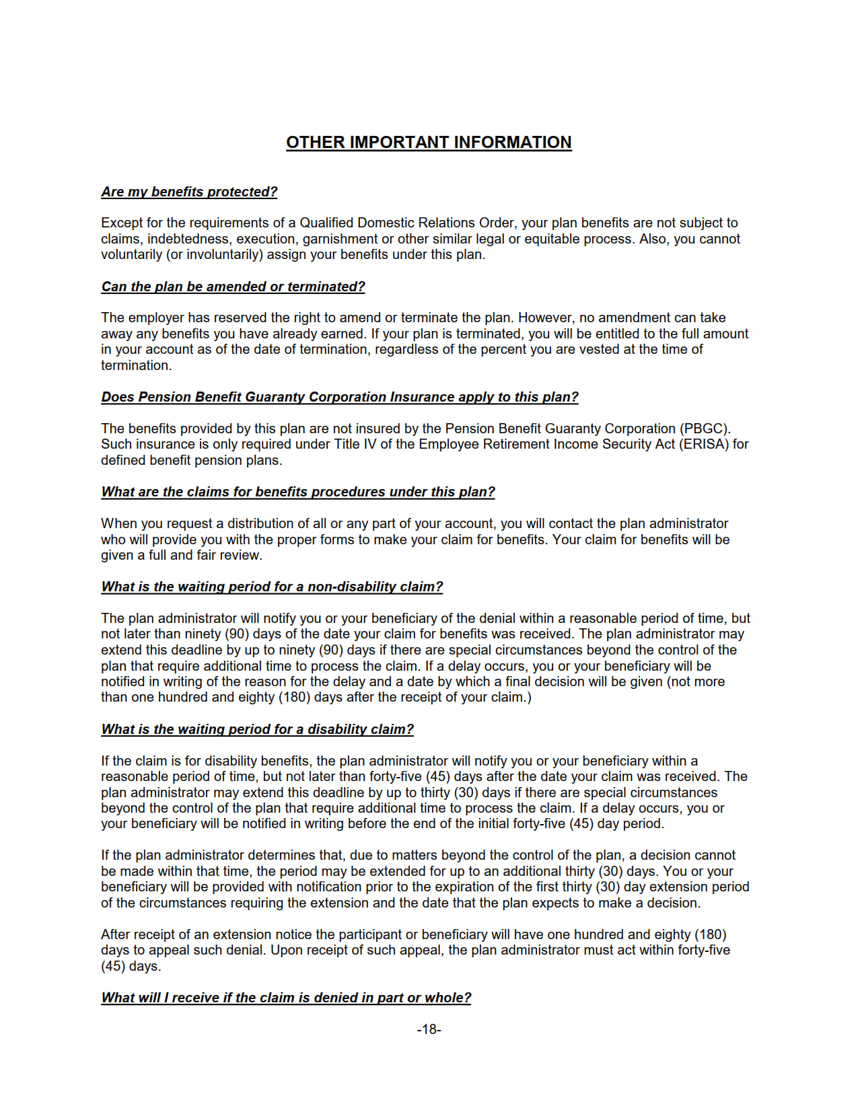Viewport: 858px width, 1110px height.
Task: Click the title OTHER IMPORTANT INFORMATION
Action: point(429,143)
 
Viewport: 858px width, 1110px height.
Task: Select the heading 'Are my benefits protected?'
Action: point(189,192)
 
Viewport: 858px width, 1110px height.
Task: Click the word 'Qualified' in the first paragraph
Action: point(326,223)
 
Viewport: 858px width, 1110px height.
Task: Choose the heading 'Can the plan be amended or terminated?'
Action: point(233,287)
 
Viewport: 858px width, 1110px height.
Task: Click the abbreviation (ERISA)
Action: point(704,444)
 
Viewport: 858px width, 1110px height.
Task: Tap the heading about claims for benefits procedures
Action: point(298,492)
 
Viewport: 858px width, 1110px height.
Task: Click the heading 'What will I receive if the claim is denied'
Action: point(286,998)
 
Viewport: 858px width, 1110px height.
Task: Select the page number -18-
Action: point(429,1029)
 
